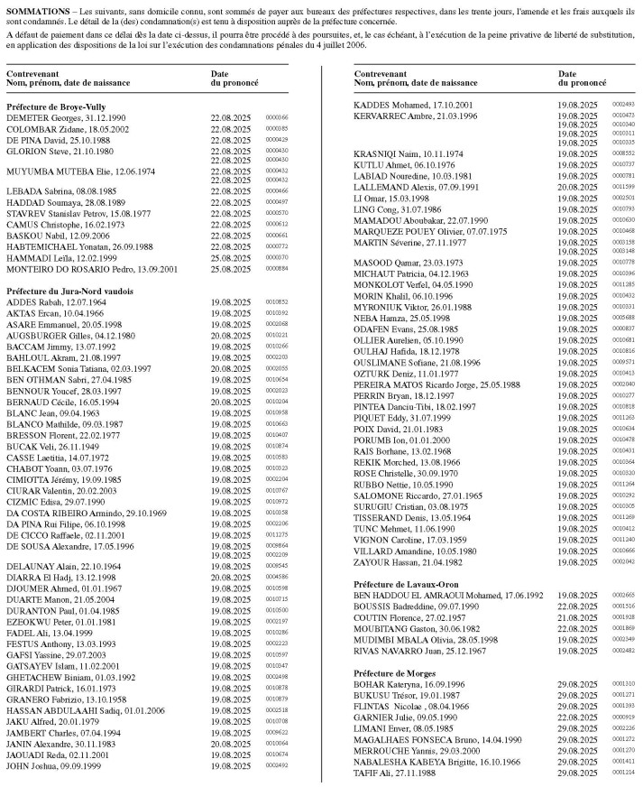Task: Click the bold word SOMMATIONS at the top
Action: (x=35, y=9)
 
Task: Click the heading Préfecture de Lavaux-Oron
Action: (x=405, y=585)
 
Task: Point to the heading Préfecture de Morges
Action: (x=394, y=673)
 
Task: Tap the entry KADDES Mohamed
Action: (x=391, y=105)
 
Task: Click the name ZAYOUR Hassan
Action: (x=389, y=560)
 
